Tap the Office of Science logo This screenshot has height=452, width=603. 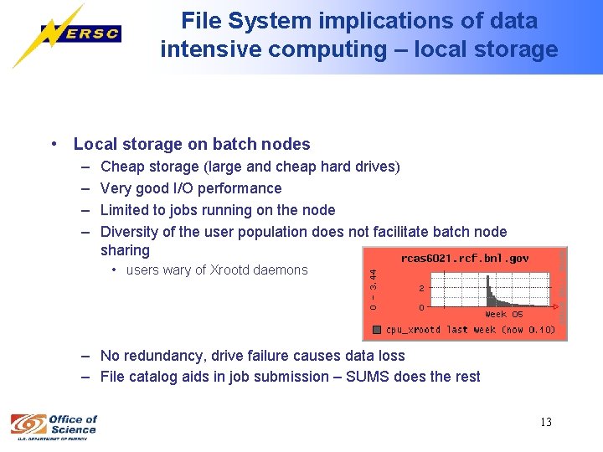(x=54, y=424)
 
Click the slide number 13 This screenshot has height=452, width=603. (x=545, y=422)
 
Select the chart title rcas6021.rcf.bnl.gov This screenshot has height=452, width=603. (x=465, y=259)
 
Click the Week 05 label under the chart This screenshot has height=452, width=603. (x=504, y=315)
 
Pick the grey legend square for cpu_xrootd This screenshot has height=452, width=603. (x=378, y=329)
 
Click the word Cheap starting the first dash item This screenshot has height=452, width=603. (x=121, y=167)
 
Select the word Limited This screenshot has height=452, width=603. (x=126, y=210)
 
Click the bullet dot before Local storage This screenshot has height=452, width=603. (x=54, y=144)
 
